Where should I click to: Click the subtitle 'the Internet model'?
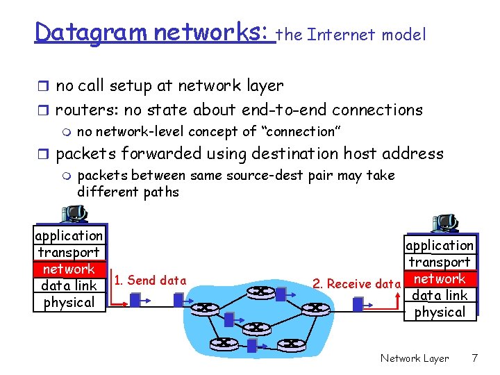point(351,35)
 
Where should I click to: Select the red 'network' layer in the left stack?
point(68,269)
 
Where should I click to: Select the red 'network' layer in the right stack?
point(440,278)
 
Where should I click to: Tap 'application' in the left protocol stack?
point(69,235)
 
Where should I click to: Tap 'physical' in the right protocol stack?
point(440,312)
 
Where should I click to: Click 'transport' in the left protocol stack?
point(69,252)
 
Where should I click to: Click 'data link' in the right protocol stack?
point(440,295)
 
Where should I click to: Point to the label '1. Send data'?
point(150,281)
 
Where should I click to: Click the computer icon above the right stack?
point(444,223)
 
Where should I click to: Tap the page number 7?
point(475,358)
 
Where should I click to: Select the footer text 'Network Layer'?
point(415,358)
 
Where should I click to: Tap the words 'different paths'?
point(128,192)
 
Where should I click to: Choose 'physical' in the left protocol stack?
point(69,302)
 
